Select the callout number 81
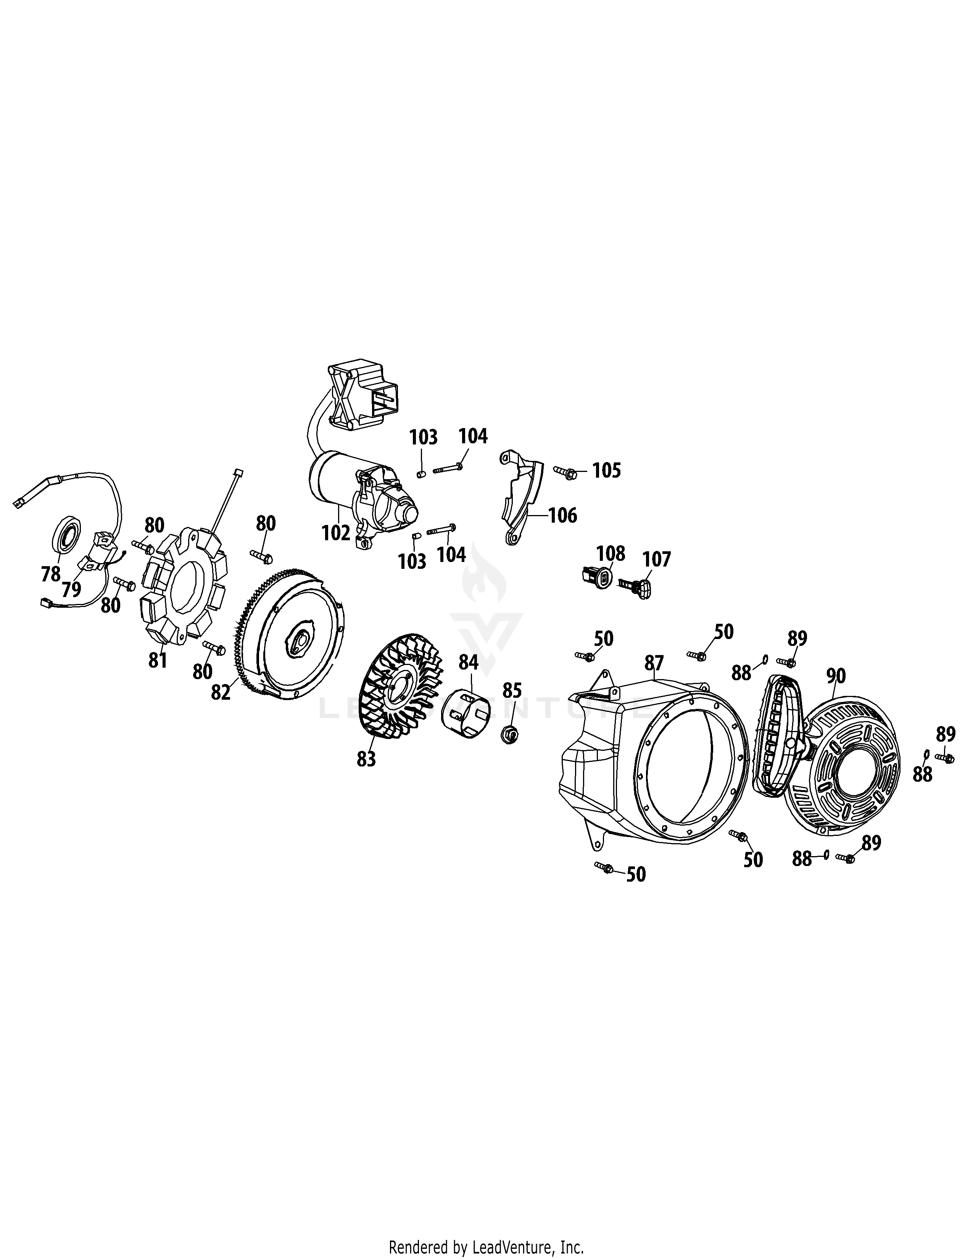[x=157, y=660]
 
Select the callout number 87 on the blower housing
[x=654, y=663]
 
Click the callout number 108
[x=611, y=554]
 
